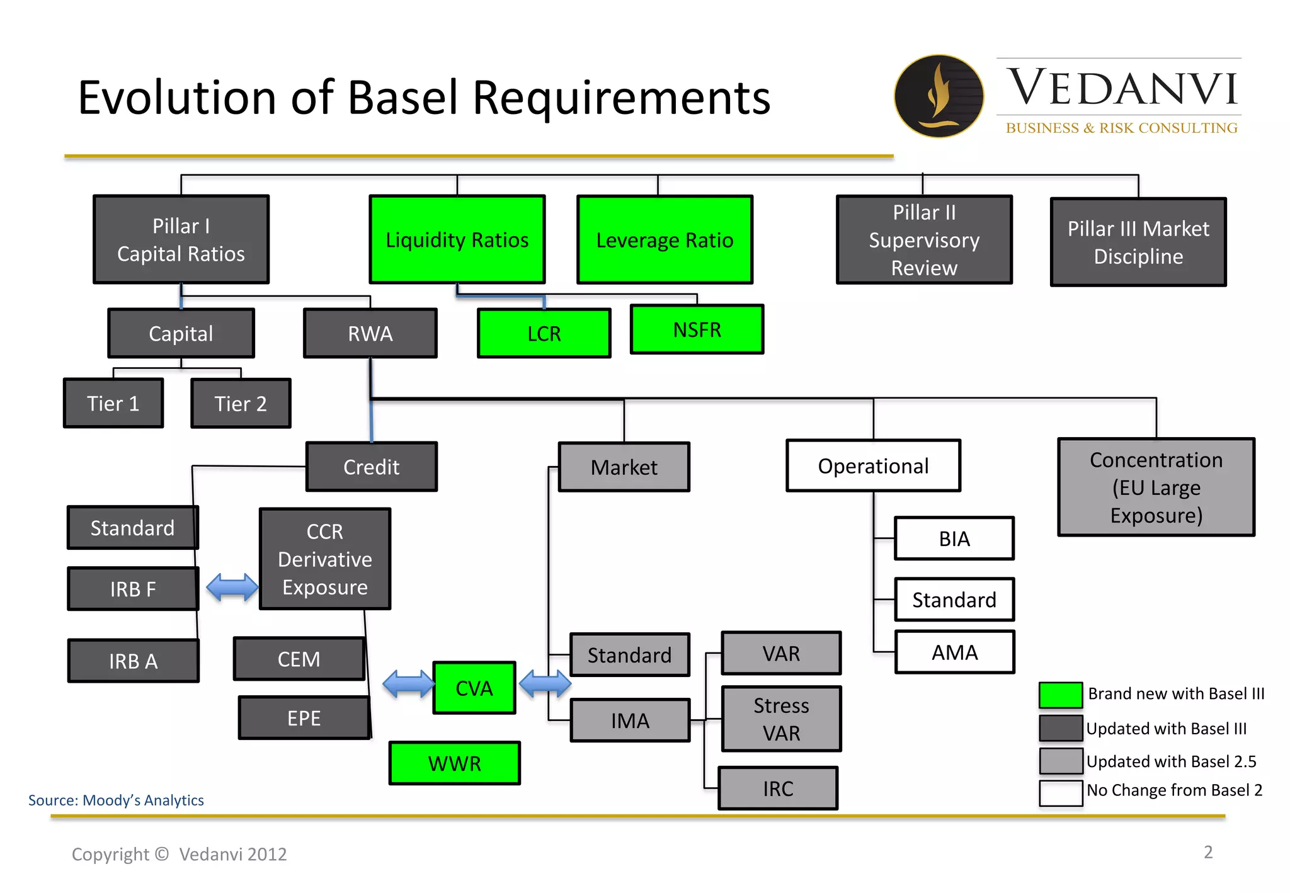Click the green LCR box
pos(544,333)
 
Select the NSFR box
pos(697,329)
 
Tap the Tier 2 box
pos(241,404)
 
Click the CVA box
pos(474,688)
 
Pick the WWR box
pos(455,763)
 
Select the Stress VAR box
pos(781,719)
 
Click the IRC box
pos(778,788)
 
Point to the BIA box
pos(954,538)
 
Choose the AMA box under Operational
pos(954,652)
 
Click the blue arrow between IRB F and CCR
pos(232,587)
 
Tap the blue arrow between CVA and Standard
pos(545,683)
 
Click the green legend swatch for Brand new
pos(1061,695)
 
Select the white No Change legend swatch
pos(1061,792)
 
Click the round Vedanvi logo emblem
pos(939,96)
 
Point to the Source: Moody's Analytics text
pos(116,800)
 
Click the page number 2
pos(1207,852)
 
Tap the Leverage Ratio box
pos(665,240)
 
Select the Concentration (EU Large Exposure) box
pos(1156,487)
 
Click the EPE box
pos(304,718)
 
